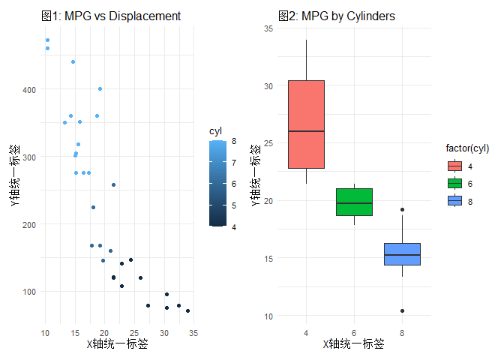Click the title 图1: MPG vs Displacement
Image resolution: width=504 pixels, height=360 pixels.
coord(111,16)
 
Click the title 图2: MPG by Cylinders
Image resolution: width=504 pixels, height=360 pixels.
coord(336,16)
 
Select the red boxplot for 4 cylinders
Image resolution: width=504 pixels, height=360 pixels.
coord(306,124)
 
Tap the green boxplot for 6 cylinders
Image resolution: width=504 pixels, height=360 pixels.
coord(354,202)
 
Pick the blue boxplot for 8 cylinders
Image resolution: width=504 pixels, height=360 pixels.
coord(402,254)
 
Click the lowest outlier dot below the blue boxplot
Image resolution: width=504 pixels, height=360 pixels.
coord(402,310)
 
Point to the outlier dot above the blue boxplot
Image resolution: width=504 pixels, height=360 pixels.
coord(402,210)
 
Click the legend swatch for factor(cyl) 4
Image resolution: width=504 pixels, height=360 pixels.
coord(454,166)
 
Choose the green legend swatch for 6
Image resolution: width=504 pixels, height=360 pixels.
coord(454,183)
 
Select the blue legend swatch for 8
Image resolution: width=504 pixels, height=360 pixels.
coord(454,200)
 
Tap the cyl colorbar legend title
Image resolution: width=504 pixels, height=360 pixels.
coord(216,131)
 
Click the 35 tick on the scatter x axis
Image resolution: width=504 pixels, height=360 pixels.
coord(193,332)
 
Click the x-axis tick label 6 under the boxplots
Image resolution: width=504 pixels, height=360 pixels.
coord(354,332)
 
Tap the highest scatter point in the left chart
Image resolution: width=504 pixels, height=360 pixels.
coord(47,40)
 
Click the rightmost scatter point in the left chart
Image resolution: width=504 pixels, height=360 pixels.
coord(187,310)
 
